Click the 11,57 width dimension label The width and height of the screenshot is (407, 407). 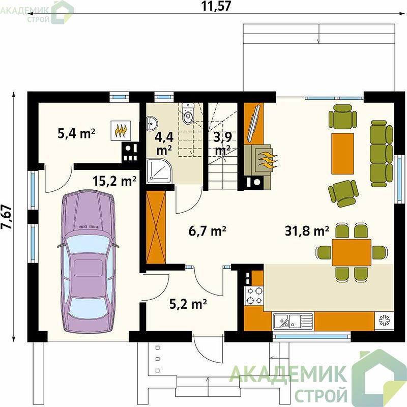pyautogui.click(x=216, y=6)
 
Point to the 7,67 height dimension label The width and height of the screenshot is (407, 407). pyautogui.click(x=7, y=217)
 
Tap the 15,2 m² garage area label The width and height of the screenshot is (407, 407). pyautogui.click(x=114, y=181)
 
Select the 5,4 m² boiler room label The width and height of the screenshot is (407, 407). pyautogui.click(x=76, y=134)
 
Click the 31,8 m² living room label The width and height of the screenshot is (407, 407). pyautogui.click(x=307, y=231)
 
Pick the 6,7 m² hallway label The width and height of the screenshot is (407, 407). pyautogui.click(x=208, y=231)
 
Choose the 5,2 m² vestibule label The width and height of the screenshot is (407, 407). pyautogui.click(x=188, y=304)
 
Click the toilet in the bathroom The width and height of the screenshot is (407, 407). pyautogui.click(x=188, y=113)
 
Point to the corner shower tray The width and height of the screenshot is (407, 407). pyautogui.click(x=159, y=171)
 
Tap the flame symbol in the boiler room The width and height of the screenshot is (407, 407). pyautogui.click(x=121, y=131)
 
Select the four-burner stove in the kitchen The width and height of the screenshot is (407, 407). pyautogui.click(x=254, y=296)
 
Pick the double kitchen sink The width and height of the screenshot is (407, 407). pyautogui.click(x=293, y=322)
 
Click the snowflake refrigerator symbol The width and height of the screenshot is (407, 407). pyautogui.click(x=384, y=321)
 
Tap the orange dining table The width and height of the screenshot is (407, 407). pyautogui.click(x=352, y=252)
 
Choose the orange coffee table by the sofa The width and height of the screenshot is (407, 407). pyautogui.click(x=342, y=154)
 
